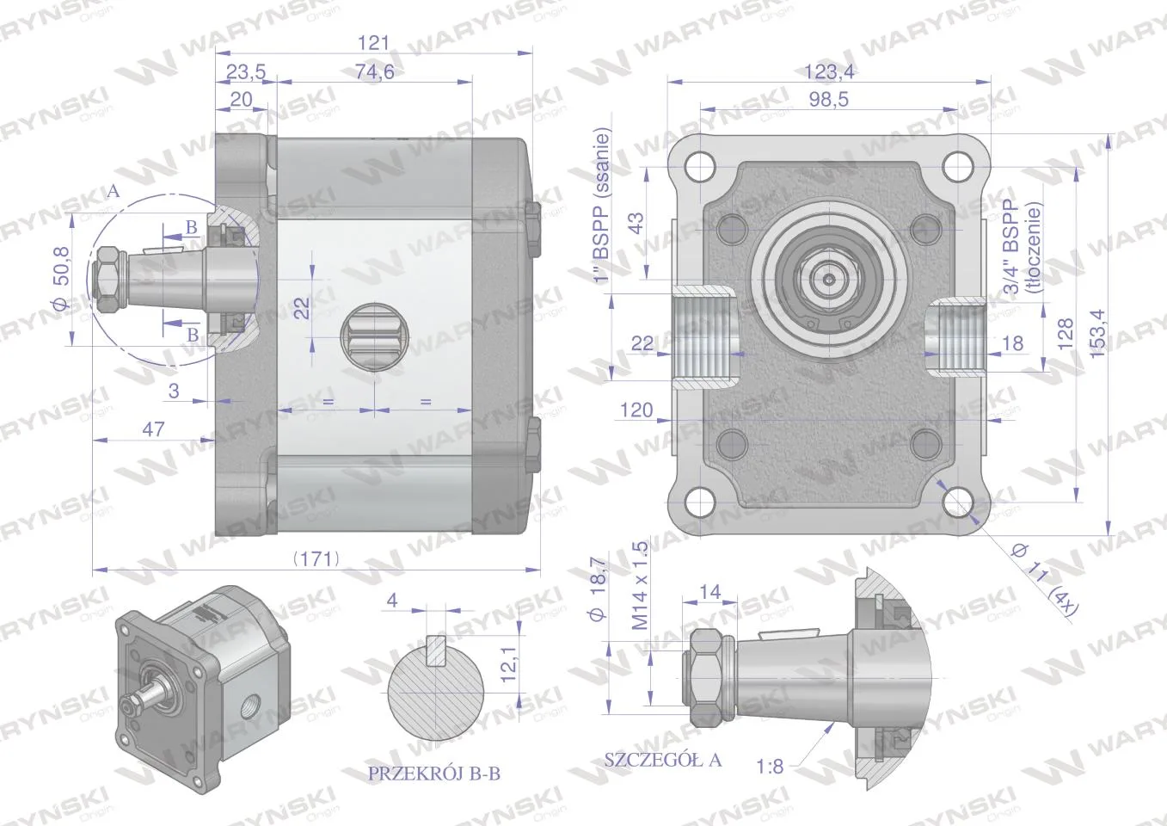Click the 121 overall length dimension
(x=373, y=42)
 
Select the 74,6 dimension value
(x=375, y=71)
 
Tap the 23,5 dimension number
(x=246, y=71)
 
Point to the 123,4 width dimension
(x=829, y=71)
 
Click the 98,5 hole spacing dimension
(x=829, y=99)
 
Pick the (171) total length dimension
(x=316, y=559)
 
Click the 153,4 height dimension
(x=1096, y=334)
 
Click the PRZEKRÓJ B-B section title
(x=434, y=774)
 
